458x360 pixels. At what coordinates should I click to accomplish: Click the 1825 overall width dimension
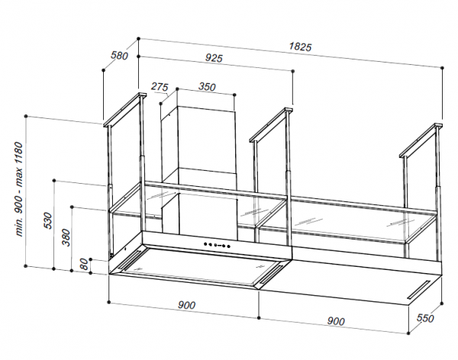click(x=301, y=47)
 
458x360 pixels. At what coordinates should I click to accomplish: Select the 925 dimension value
click(x=214, y=59)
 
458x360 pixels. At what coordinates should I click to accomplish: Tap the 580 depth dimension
click(x=120, y=56)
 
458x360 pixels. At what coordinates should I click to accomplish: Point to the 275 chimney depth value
click(x=160, y=87)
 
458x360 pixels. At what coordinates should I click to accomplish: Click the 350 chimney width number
click(x=207, y=87)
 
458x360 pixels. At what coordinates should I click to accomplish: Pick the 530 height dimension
click(x=47, y=220)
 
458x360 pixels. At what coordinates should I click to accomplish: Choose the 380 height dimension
click(x=66, y=238)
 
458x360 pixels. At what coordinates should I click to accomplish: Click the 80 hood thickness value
click(x=84, y=264)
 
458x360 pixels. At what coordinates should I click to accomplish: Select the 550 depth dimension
click(x=425, y=318)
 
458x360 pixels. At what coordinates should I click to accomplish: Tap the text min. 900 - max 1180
click(x=19, y=189)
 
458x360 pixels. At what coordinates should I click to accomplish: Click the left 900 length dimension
click(x=186, y=305)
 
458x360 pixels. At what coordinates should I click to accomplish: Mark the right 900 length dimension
click(x=336, y=321)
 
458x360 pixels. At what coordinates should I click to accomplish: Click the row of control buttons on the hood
click(x=217, y=245)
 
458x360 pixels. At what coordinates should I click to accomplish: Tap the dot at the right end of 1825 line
click(x=442, y=68)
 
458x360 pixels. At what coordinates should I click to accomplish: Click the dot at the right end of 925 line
click(x=293, y=71)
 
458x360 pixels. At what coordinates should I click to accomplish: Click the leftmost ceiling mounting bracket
click(x=124, y=110)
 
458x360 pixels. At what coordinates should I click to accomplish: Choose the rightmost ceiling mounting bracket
click(x=421, y=141)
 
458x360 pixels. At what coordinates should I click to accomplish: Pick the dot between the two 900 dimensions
click(x=259, y=317)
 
